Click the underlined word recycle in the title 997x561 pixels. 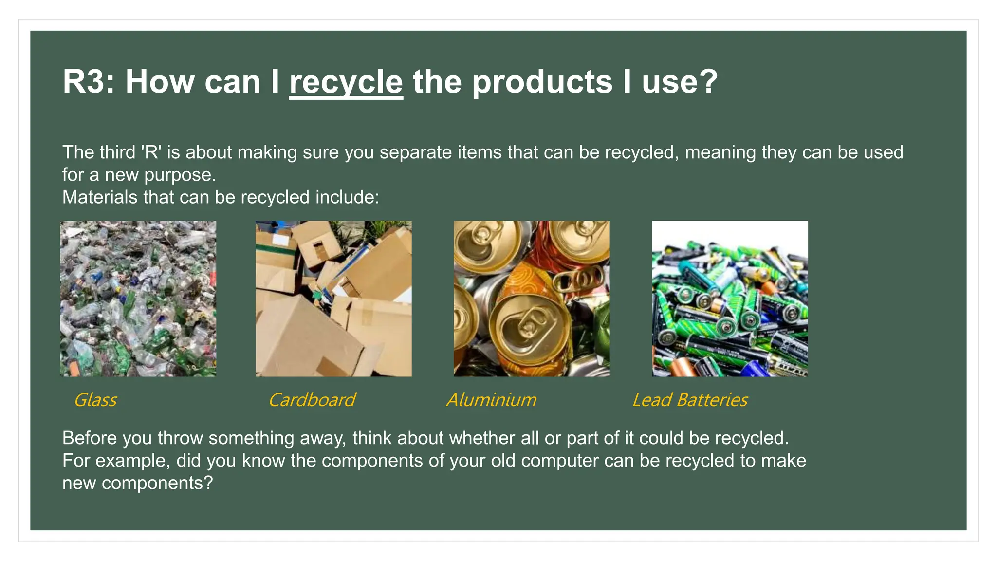(x=346, y=82)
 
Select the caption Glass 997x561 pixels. (x=95, y=400)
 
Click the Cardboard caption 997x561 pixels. (x=312, y=400)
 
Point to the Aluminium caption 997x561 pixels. (x=492, y=400)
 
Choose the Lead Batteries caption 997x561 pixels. (x=690, y=400)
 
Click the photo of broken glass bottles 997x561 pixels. (x=138, y=299)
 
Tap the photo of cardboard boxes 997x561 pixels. (x=333, y=299)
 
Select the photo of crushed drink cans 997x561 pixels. (x=532, y=299)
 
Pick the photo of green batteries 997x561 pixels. (x=730, y=299)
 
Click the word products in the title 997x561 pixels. (x=542, y=82)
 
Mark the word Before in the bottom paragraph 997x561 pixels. (x=89, y=438)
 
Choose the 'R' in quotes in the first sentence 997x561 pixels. (x=151, y=152)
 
